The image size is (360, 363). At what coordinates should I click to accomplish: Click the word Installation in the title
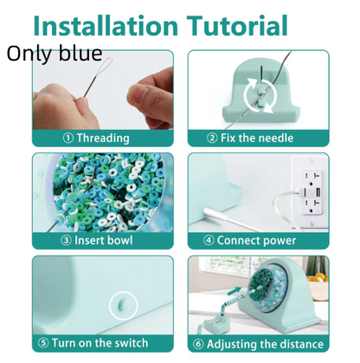click(106, 25)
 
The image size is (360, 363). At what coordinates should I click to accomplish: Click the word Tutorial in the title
click(237, 25)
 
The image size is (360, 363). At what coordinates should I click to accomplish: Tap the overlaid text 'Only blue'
click(55, 54)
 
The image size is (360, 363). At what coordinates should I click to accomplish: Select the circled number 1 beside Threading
click(68, 139)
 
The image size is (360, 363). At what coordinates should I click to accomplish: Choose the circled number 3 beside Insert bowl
click(66, 241)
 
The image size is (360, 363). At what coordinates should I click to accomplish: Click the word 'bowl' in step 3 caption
click(118, 240)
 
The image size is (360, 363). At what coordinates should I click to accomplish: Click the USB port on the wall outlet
click(318, 191)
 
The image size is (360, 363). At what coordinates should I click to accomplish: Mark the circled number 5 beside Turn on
click(43, 343)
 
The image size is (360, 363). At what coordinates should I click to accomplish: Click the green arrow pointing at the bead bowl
click(235, 291)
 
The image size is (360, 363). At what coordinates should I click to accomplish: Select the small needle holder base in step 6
click(217, 325)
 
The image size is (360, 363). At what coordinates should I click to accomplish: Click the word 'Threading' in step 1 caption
click(103, 139)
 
